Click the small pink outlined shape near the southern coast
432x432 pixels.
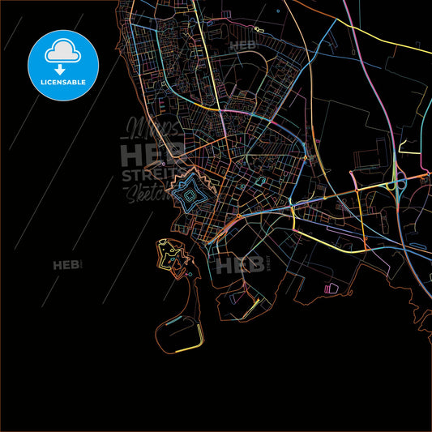[331, 288]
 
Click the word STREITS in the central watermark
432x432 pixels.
[146, 173]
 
